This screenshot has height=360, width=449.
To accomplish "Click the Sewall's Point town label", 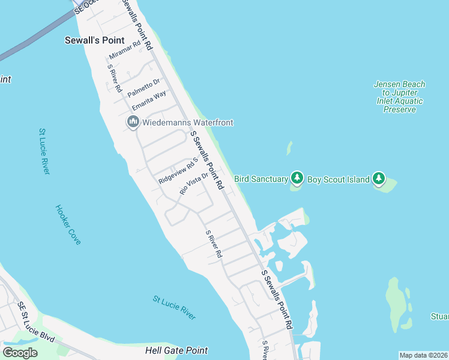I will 95,40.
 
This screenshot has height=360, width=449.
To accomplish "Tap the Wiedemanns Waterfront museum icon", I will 133,122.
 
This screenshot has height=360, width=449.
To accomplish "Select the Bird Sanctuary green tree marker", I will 297,178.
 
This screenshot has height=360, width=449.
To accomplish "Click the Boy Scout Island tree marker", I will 378,178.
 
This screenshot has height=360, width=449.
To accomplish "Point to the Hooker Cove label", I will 68,224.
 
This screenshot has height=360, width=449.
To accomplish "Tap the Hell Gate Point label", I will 176,350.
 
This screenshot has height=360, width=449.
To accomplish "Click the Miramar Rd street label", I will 124,52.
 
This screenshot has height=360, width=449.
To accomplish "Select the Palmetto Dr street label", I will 143,88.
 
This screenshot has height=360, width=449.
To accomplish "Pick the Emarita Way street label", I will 149,100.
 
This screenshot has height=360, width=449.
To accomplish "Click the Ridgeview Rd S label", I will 178,170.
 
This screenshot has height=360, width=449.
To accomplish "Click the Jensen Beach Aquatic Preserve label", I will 399,97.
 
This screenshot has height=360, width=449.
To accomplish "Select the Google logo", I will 20,352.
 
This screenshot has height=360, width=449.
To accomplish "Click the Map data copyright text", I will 423,355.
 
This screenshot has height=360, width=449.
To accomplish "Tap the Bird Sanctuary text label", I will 261,179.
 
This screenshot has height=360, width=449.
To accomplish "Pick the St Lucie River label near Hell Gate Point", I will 174,307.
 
